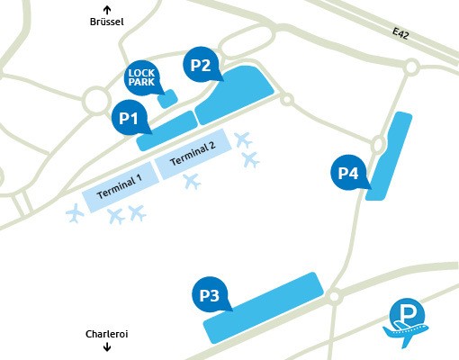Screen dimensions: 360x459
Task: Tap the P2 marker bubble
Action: pos(200,65)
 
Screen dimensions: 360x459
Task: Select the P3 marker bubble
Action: pos(210,294)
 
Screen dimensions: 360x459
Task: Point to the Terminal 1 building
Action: pos(120,184)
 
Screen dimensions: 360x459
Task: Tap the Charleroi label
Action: pos(107,333)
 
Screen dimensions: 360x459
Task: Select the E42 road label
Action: pos(402,32)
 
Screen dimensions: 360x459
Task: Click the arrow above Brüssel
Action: pos(106,8)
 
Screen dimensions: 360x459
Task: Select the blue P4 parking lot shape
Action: pos(389,157)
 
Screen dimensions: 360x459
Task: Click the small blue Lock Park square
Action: pos(166,96)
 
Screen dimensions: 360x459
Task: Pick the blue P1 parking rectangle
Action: pos(166,130)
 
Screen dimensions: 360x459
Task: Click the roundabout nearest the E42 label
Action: pos(411,66)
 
